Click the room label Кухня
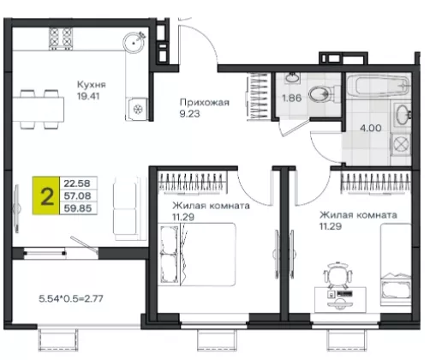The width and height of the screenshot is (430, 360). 87,85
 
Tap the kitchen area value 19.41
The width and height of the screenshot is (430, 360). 88,96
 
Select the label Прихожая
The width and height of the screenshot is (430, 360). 205,102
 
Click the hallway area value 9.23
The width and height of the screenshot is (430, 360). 189,114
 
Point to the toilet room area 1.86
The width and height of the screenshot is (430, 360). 292,98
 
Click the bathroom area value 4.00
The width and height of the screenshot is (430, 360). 371,128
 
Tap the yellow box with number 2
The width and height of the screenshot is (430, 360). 46,195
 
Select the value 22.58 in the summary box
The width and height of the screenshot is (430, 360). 77,183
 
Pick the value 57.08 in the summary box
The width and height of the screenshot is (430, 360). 77,196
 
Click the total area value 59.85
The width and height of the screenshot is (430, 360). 78,208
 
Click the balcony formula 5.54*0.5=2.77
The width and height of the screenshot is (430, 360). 71,299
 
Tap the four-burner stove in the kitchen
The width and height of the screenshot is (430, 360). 61,39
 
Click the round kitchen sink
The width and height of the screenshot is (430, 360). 134,43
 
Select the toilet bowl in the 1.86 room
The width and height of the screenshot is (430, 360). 322,93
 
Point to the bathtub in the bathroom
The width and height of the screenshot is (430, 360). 378,85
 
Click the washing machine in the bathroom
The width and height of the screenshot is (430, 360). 401,145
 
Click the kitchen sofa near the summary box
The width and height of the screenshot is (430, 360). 126,208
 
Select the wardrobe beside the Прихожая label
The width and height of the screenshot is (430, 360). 258,96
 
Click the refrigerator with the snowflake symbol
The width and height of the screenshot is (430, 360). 137,109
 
